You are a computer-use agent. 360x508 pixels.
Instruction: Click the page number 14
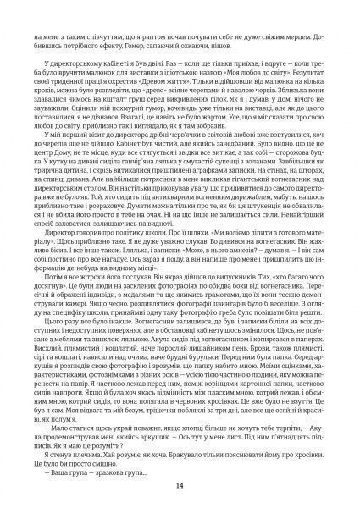pyautogui.click(x=180, y=485)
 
